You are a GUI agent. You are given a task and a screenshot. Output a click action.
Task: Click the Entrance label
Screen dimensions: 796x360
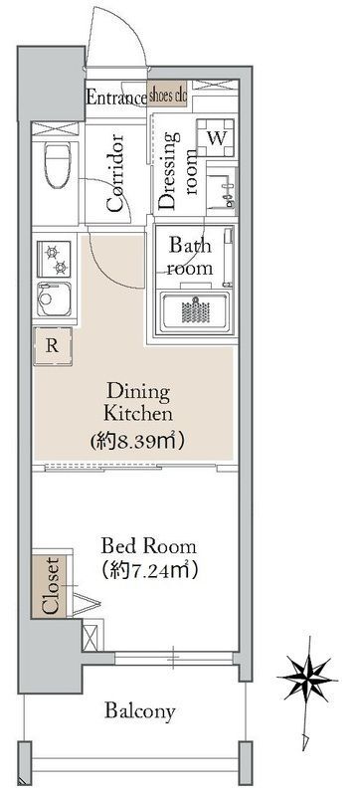[115, 97]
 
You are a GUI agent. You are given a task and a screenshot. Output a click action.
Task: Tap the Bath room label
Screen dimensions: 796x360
[188, 257]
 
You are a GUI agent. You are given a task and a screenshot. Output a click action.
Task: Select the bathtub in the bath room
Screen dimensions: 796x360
[194, 310]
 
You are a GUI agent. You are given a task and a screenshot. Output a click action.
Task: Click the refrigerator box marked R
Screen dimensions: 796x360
[51, 346]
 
